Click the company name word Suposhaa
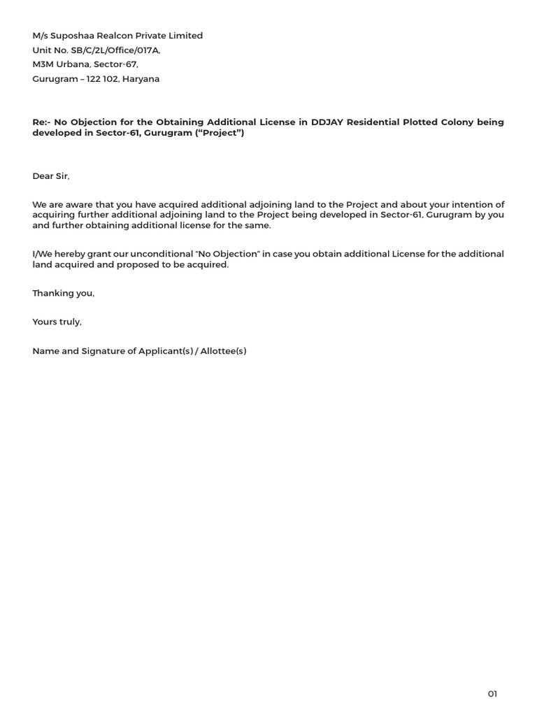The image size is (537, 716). (69, 36)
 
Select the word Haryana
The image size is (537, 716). (141, 79)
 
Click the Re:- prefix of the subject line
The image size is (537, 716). (44, 122)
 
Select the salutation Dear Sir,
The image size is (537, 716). (51, 176)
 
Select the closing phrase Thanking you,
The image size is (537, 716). (63, 294)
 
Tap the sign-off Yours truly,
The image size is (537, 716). (57, 322)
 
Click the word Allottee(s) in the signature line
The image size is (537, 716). (223, 351)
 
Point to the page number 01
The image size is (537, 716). (492, 694)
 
